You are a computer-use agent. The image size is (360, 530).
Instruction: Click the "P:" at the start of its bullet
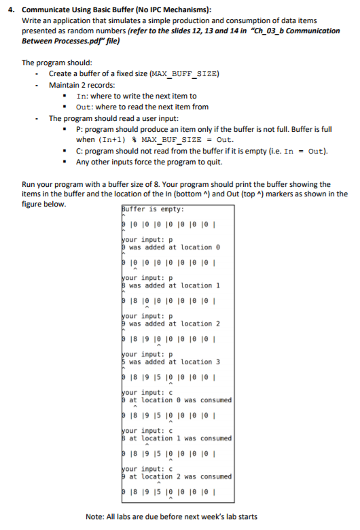click(80, 129)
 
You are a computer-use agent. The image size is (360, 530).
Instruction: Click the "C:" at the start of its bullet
click(80, 152)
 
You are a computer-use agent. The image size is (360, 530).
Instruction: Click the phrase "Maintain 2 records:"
click(82, 85)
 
